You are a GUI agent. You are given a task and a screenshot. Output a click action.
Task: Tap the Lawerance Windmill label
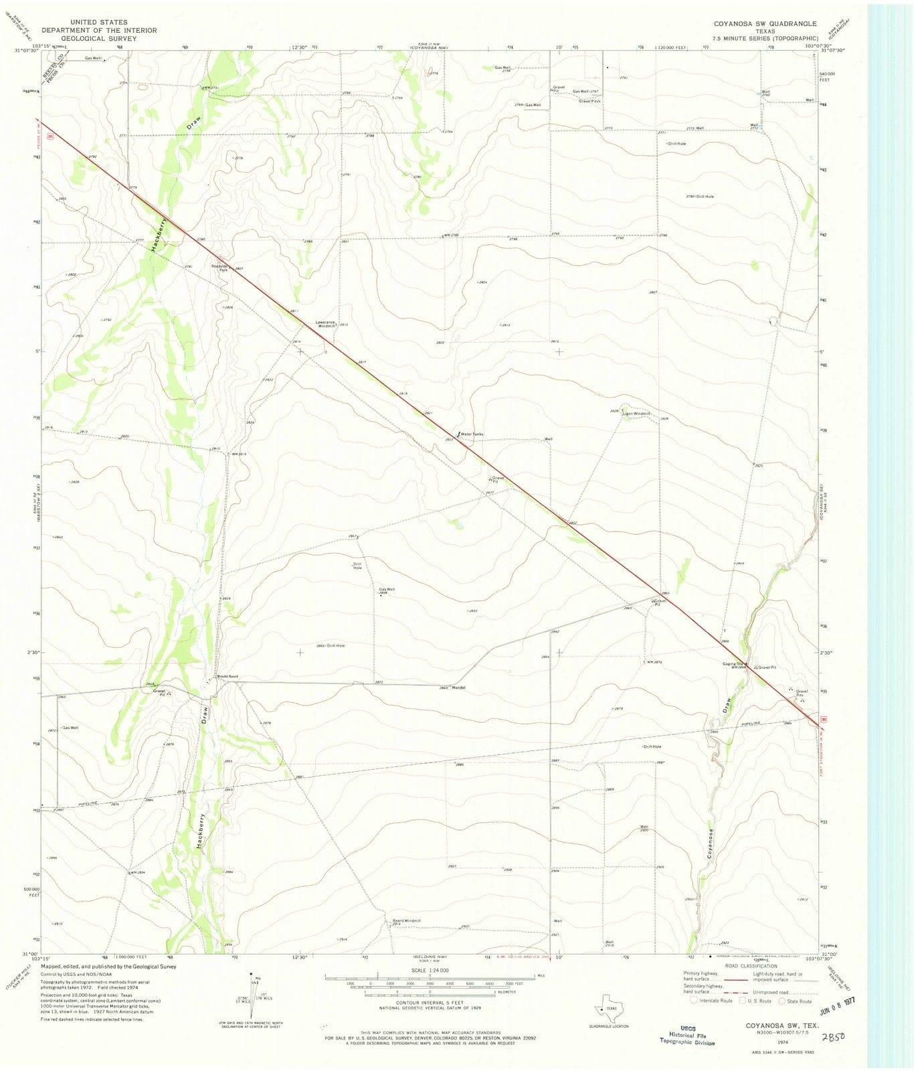[326, 324]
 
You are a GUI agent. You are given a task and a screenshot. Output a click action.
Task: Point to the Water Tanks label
[472, 434]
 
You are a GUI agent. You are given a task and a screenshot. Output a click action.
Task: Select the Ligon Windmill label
[636, 414]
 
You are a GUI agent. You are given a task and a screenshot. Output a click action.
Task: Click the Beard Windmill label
[406, 921]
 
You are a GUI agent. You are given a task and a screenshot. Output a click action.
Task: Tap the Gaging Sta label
[734, 663]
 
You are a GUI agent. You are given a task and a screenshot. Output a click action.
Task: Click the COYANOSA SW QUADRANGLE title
[765, 23]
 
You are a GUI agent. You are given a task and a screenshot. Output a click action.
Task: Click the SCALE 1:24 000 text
[430, 970]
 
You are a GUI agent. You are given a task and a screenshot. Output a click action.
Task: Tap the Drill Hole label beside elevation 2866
[335, 645]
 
